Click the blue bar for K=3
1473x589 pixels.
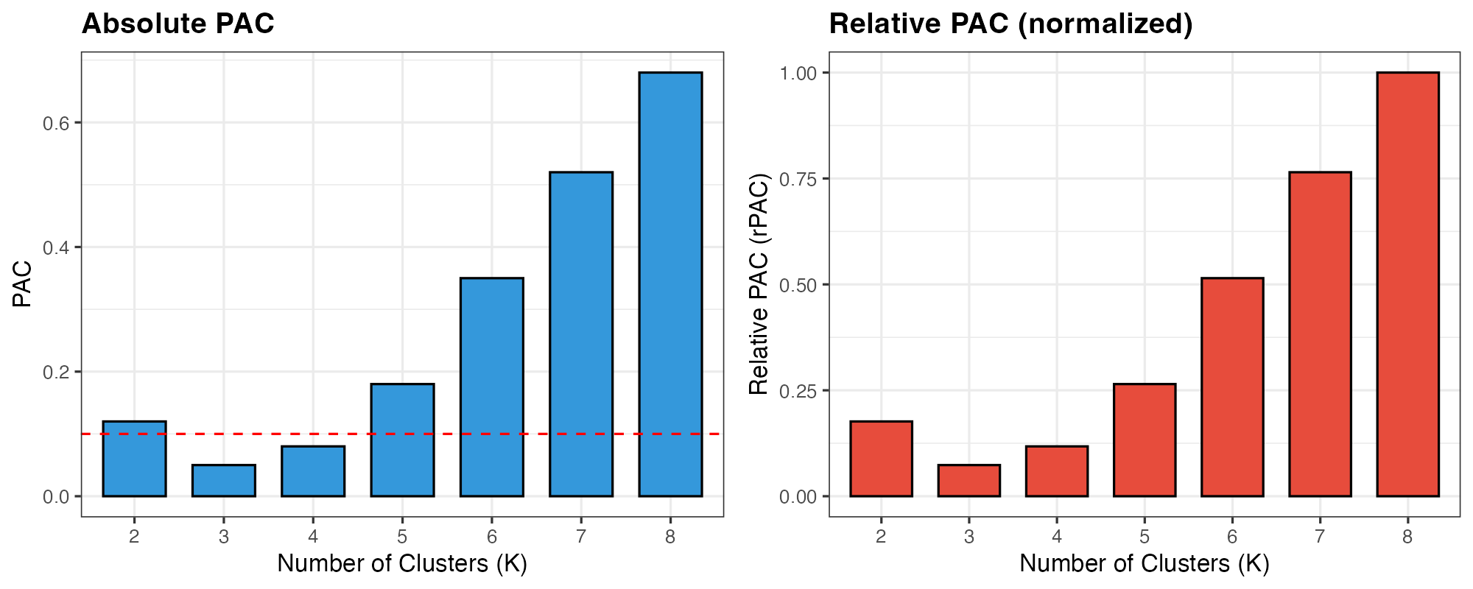point(224,481)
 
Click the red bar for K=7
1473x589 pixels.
point(1320,334)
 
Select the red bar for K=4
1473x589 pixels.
point(1057,471)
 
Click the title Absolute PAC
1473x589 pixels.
point(177,24)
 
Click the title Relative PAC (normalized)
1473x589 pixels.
point(1010,24)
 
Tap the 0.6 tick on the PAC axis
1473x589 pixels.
point(56,123)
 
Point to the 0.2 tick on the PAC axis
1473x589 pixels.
point(56,372)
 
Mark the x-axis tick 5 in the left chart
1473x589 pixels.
point(402,537)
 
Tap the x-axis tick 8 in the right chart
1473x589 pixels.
point(1407,537)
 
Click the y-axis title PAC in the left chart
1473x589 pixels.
point(22,284)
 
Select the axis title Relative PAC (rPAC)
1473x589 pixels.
point(759,284)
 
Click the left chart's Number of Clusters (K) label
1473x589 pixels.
point(402,564)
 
